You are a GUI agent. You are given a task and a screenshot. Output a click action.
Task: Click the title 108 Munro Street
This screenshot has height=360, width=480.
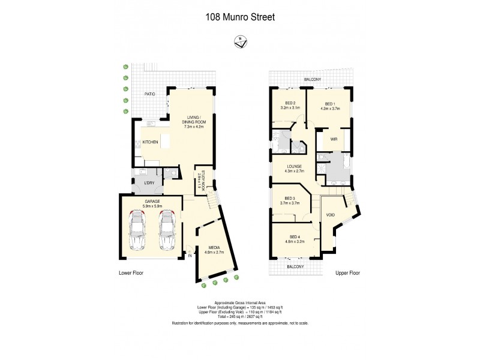pyautogui.click(x=240, y=17)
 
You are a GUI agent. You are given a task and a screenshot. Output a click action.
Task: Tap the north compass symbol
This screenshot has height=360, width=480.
pyautogui.click(x=239, y=41)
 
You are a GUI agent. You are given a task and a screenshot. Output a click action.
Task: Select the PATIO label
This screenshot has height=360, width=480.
pyautogui.click(x=150, y=95)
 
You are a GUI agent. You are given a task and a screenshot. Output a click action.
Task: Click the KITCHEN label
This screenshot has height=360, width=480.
pyautogui.click(x=150, y=142)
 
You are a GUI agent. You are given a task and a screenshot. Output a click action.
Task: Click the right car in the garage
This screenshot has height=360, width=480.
pyautogui.click(x=167, y=231)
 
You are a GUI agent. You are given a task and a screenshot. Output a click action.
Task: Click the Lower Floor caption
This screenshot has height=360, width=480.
pyautogui.click(x=131, y=273)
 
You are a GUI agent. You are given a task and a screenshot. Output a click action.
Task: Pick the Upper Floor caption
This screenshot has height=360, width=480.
pyautogui.click(x=347, y=273)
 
